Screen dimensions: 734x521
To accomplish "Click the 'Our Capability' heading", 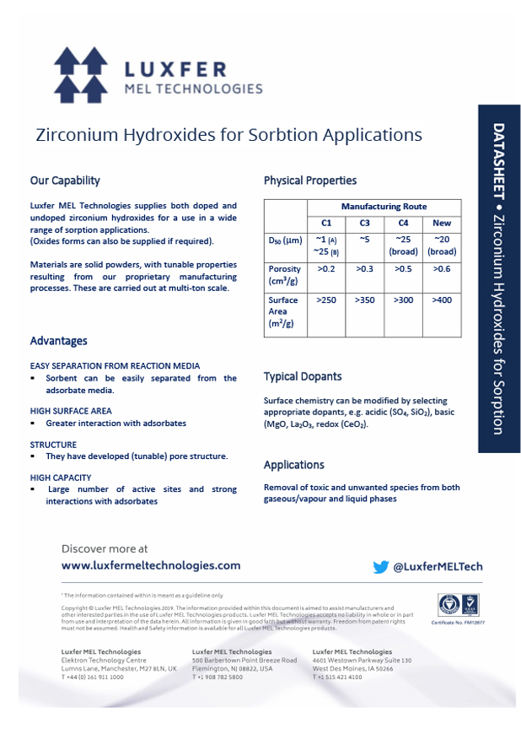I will [x=65, y=181].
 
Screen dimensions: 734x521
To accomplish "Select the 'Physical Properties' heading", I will [x=309, y=181].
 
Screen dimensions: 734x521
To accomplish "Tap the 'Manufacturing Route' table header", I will [x=384, y=207].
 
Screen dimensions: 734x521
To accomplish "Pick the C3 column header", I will [x=364, y=224].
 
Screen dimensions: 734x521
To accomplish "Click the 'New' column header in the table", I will [x=442, y=224].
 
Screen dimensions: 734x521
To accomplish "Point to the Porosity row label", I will [x=284, y=275].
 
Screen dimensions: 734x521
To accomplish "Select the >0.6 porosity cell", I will [x=442, y=269].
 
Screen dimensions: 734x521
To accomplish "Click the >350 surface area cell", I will [x=364, y=300].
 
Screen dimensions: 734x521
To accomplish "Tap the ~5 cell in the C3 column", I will [x=364, y=240].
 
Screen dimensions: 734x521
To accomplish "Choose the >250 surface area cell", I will [x=326, y=300].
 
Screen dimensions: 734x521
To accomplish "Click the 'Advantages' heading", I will [x=58, y=341].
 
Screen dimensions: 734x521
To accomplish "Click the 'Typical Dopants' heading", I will [x=303, y=376].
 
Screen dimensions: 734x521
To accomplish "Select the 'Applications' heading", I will [x=293, y=465].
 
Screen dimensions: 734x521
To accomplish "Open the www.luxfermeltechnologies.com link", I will [x=151, y=565].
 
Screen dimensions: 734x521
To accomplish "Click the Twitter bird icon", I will [x=381, y=567].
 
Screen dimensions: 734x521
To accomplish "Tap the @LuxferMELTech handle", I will [x=438, y=567].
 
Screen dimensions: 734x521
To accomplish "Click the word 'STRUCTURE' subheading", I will [x=53, y=445].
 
